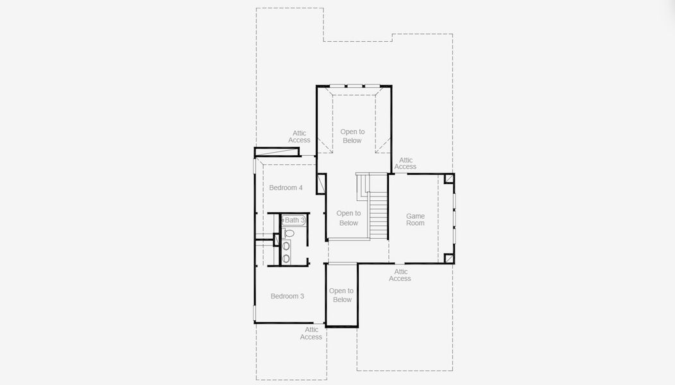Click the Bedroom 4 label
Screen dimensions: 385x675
pyautogui.click(x=286, y=188)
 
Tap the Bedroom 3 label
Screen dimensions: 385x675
pyautogui.click(x=287, y=296)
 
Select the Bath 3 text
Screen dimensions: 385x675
pyautogui.click(x=294, y=220)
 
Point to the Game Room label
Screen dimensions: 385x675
pyautogui.click(x=415, y=219)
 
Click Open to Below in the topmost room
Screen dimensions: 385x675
pyautogui.click(x=352, y=136)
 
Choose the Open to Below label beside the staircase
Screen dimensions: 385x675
pyautogui.click(x=348, y=218)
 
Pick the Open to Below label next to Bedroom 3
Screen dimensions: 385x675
pyautogui.click(x=341, y=295)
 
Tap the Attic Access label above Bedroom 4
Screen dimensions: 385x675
pyautogui.click(x=299, y=137)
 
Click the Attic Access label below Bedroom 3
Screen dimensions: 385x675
pyautogui.click(x=311, y=333)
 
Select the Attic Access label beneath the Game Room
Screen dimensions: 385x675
pyautogui.click(x=400, y=275)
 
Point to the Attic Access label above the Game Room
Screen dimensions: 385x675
pyautogui.click(x=406, y=164)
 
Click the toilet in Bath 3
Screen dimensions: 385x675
pyautogui.click(x=288, y=233)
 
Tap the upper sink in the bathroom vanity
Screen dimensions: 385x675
pyautogui.click(x=286, y=246)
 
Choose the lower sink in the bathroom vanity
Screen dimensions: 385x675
pyautogui.click(x=286, y=258)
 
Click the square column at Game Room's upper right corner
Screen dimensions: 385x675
pyautogui.click(x=449, y=178)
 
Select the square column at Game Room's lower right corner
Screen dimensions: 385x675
pyautogui.click(x=449, y=258)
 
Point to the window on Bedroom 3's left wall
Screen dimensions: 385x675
pyautogui.click(x=255, y=312)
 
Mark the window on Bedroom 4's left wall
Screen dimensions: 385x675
pyautogui.click(x=255, y=166)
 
